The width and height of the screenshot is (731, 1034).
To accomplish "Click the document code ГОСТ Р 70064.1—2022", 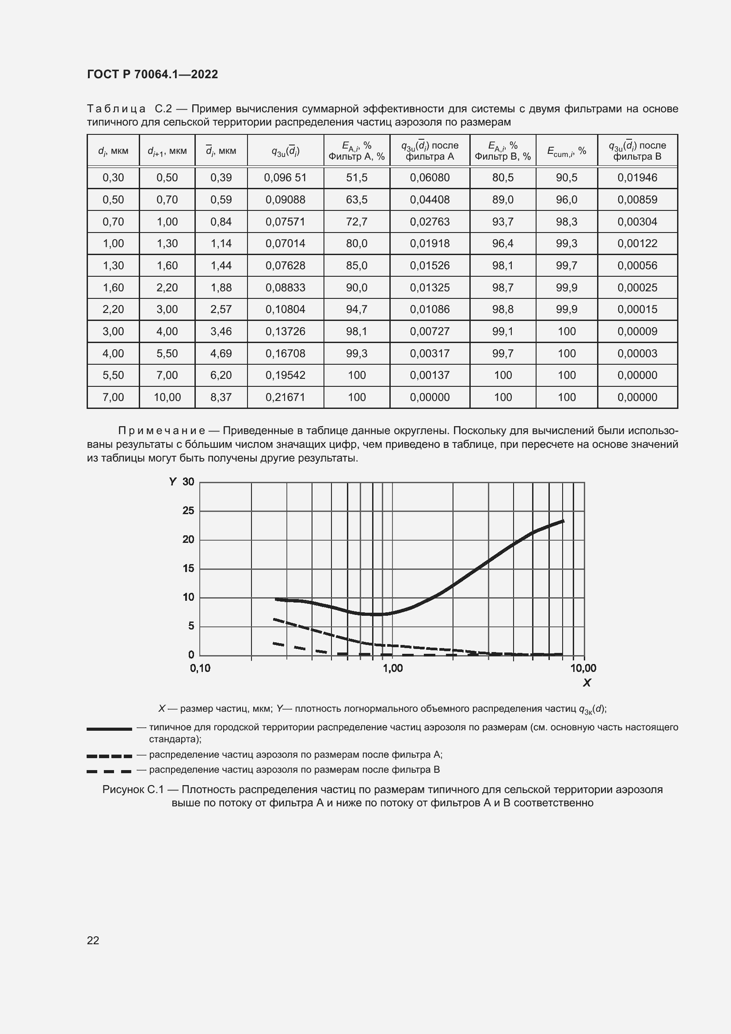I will (152, 74).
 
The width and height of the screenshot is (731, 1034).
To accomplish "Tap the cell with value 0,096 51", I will (285, 177).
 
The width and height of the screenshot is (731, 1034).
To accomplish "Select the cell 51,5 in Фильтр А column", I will (357, 177).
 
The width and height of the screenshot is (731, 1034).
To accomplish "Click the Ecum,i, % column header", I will (566, 151).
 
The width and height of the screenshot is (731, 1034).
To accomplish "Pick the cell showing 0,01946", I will (637, 177).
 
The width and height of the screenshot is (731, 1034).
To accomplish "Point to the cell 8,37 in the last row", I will (221, 397).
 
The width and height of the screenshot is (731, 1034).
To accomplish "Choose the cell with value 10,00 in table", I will (167, 397).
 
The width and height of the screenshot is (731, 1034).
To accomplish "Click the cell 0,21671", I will (285, 397).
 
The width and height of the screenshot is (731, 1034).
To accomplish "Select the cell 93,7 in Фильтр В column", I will (503, 221).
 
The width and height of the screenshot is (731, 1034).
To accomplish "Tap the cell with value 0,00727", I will (430, 332).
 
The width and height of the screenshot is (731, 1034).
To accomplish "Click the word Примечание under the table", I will (161, 431).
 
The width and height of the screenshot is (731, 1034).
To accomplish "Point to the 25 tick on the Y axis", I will (188, 511).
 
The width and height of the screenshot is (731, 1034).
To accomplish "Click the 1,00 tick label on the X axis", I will (392, 668).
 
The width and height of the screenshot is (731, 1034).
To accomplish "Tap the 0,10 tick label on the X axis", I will (200, 668).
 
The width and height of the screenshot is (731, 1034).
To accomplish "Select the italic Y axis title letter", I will (172, 482).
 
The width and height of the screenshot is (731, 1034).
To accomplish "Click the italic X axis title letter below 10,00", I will (586, 683).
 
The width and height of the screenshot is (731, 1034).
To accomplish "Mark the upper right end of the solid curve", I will (563, 521).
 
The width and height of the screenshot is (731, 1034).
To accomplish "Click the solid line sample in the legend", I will (109, 729).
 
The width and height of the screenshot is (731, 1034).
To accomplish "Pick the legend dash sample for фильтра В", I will (109, 771).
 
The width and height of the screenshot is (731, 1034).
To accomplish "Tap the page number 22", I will (93, 940).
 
